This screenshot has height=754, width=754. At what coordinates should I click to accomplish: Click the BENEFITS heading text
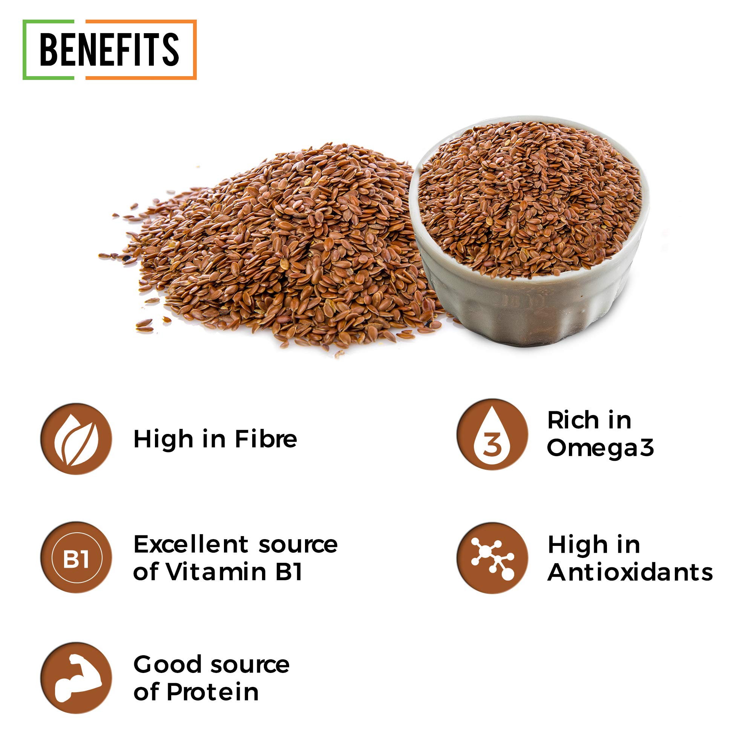tap(109, 49)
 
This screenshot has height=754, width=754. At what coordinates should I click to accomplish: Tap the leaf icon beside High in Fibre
tap(76, 439)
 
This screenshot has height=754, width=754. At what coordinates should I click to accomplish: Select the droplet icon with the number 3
tap(492, 434)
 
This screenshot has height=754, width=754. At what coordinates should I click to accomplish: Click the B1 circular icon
tap(76, 558)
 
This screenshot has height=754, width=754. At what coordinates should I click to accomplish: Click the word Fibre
tap(266, 439)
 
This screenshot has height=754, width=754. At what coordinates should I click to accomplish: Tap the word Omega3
tap(600, 448)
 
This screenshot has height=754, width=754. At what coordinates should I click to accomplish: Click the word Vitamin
tap(217, 572)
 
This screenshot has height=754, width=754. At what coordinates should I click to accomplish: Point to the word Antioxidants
tap(630, 573)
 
